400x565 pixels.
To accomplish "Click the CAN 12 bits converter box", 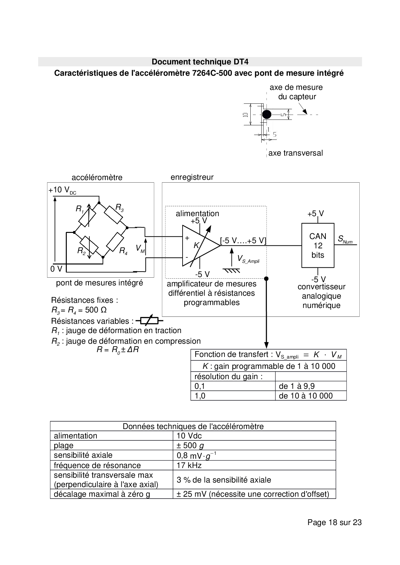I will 318,245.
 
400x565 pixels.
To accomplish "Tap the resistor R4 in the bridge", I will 115,242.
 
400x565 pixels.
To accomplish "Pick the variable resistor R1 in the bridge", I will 87,217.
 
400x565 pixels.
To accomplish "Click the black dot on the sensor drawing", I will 266,114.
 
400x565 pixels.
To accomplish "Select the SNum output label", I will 345,240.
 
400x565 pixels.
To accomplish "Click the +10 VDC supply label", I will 62,190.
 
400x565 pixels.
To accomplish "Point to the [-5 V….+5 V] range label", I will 243,241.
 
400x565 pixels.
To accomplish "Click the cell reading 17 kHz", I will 189,465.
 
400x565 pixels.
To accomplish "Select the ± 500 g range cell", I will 190,445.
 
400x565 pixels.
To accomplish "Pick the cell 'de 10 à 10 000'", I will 305,396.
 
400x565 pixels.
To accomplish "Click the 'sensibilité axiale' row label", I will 83,455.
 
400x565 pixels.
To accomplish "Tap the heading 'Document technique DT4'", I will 200,62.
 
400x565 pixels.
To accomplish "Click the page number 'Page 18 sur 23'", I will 335,522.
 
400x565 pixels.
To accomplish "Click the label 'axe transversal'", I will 295,153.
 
